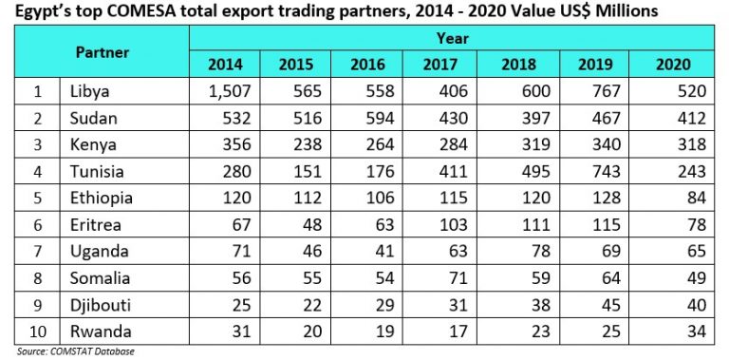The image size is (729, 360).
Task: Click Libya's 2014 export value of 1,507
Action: tap(224, 92)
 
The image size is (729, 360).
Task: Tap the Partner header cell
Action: tap(103, 52)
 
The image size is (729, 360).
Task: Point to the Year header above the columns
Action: tap(452, 39)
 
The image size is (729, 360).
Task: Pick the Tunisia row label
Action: tap(99, 172)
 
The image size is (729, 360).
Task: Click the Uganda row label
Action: tap(97, 252)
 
